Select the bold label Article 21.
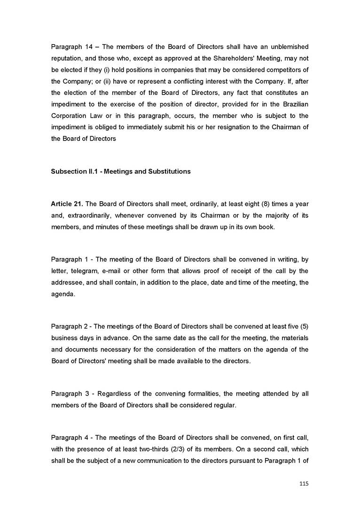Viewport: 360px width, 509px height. point(67,204)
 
